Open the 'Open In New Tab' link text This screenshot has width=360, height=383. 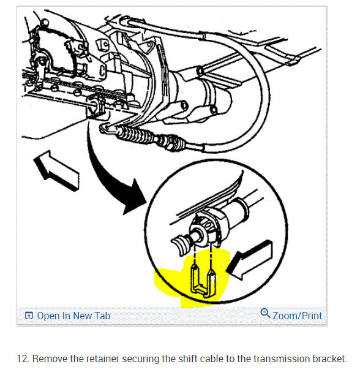pyautogui.click(x=73, y=316)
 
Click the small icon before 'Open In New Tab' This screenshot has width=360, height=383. pyautogui.click(x=28, y=316)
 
